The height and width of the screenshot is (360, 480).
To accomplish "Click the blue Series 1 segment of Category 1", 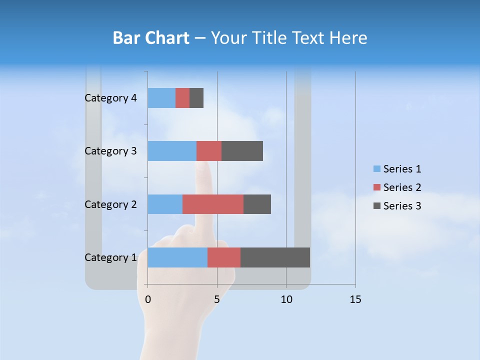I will tap(177, 257).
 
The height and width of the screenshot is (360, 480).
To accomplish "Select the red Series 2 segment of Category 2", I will tap(213, 204).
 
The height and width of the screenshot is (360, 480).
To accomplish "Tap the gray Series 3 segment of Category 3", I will tap(242, 151).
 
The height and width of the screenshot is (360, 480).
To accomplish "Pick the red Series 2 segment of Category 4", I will tap(182, 98).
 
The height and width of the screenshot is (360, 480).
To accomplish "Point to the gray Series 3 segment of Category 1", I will tap(275, 257).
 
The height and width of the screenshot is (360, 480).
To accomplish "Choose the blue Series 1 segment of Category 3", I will tap(172, 151).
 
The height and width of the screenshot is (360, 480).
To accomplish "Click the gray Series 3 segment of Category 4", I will tap(196, 98).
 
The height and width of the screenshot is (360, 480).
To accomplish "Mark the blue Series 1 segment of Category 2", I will tap(165, 204).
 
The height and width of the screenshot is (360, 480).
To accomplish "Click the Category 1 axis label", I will tap(110, 257).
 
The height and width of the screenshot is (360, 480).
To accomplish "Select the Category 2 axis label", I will tap(110, 204).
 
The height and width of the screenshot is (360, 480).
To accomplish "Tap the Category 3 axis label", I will tap(110, 151).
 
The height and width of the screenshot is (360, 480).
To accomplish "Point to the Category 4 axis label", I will tap(110, 98).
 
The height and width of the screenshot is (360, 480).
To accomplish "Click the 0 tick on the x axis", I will tap(148, 299).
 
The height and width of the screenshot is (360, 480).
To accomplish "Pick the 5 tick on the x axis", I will tap(217, 299).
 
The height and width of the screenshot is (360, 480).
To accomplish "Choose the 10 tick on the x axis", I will tap(286, 299).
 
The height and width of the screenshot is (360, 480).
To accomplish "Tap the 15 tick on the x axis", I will tap(355, 299).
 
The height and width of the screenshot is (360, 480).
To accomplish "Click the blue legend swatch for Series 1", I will tap(376, 169).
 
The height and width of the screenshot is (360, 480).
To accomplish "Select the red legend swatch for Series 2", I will tap(376, 187).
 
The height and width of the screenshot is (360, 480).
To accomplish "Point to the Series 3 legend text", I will tap(402, 206).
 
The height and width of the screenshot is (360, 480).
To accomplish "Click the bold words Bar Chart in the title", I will tap(150, 38).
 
